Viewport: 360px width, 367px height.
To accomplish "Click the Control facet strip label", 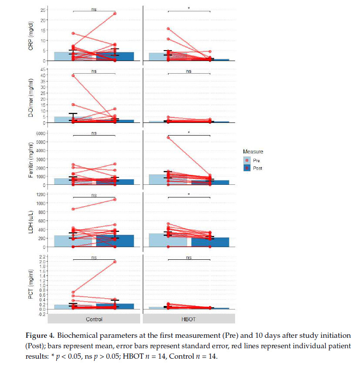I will (94, 319).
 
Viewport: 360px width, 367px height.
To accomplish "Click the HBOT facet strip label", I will (188, 319).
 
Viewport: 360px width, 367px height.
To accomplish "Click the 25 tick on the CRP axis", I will (42, 10).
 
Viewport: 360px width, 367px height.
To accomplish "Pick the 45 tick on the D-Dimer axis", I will (42, 69).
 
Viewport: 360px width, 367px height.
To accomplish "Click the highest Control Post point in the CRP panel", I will (115, 14).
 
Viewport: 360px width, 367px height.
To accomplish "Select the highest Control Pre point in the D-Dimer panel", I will (73, 75).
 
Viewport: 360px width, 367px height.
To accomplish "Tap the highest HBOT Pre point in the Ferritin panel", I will (168, 137).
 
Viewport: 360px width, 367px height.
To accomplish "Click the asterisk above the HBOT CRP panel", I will (188, 8).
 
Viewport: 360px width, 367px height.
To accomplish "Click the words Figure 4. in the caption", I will (62, 336).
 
